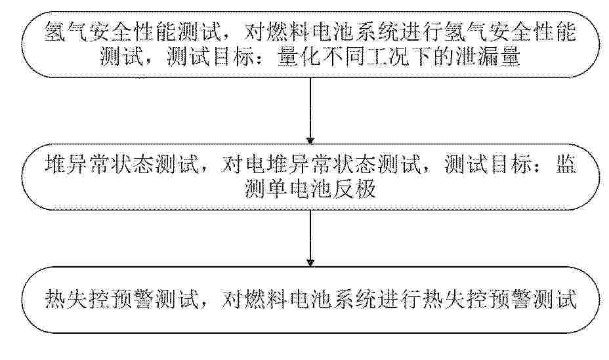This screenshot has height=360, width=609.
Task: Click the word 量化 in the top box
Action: [x=299, y=58]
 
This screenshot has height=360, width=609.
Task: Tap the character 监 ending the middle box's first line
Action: [x=566, y=164]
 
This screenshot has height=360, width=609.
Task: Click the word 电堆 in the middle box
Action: [x=265, y=164]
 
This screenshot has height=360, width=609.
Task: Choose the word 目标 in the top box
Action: [x=232, y=58]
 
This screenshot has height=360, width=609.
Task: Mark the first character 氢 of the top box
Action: [x=54, y=32]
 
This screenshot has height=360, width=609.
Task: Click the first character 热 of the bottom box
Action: [x=55, y=300]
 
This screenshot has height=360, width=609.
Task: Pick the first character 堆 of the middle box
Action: [x=55, y=164]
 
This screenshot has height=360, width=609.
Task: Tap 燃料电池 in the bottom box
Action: [x=287, y=300]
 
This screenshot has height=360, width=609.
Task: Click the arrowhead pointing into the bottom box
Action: [x=310, y=263]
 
